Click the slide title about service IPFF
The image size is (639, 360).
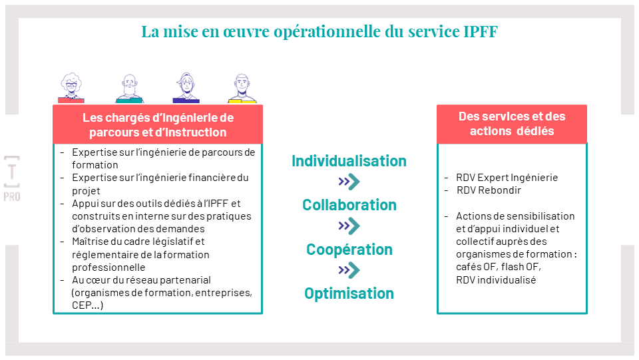pos(319,31)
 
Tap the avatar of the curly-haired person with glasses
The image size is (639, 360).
pos(71,88)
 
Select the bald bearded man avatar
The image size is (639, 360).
pos(130,89)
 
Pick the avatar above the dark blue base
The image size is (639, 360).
pos(186,88)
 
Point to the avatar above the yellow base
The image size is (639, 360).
pos(242,89)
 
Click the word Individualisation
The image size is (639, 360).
pos(349,161)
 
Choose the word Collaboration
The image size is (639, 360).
pos(349,205)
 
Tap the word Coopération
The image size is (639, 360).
pos(349,250)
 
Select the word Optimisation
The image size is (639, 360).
pos(349,293)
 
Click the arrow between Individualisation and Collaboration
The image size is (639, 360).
pos(349,182)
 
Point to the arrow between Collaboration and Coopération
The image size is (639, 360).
pos(349,226)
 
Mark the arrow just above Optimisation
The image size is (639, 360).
pos(349,270)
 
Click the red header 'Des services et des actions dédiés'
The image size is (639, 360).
pos(512,124)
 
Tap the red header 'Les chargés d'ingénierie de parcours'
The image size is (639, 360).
pos(158,124)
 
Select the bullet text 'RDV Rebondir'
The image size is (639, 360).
pos(489,190)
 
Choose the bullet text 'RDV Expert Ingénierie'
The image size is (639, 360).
pos(507,178)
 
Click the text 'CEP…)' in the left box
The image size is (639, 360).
pos(88,305)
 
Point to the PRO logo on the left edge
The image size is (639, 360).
pos(12,178)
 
